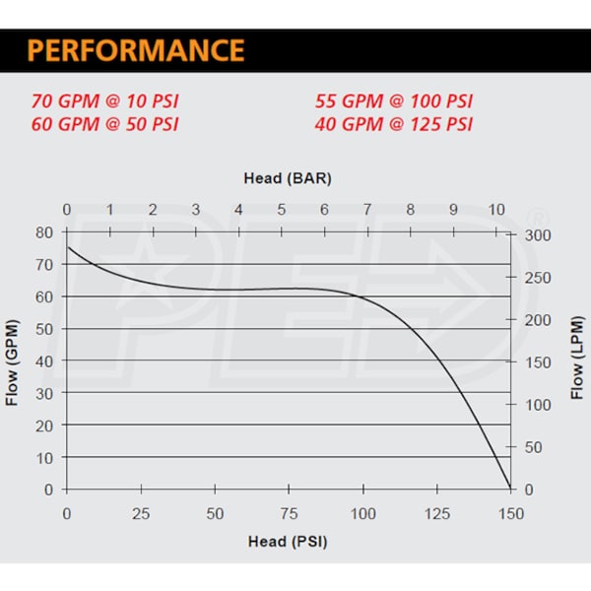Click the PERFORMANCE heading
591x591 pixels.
(136, 50)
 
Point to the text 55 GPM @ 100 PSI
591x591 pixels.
(394, 100)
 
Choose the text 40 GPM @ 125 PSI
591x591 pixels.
(394, 124)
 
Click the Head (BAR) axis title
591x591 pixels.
(287, 178)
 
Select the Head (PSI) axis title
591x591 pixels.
(287, 541)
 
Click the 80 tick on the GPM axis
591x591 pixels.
(44, 232)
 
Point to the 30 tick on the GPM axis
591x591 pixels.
(44, 393)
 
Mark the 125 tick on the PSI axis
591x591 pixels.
(436, 514)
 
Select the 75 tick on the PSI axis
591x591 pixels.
(289, 514)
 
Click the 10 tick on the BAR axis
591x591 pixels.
(496, 209)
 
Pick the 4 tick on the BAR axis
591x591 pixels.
(238, 209)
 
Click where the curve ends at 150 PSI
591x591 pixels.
(510, 488)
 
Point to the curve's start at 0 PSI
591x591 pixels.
(67, 246)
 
